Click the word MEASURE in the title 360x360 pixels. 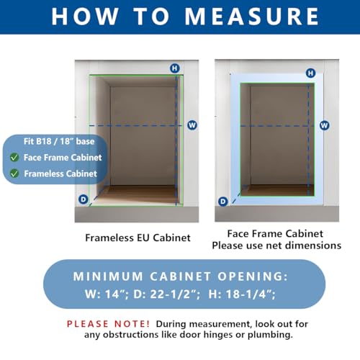pos(251,17)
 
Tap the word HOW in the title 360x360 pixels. pos(85,17)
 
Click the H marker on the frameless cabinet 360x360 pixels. pos(175,68)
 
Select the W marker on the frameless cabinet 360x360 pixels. pos(192,125)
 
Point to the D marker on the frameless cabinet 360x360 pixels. pos(84,199)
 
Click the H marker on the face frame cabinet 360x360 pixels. pos(310,73)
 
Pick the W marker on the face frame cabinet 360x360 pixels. pos(324,125)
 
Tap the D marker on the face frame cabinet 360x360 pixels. pos(222,202)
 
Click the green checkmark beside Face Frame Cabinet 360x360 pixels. pos(14,158)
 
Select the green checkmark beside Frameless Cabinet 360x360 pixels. pos(14,174)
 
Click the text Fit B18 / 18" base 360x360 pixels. pos(59,141)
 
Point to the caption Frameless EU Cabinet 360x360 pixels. pos(138,238)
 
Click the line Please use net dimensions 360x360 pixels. pos(276,246)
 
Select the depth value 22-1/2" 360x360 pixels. pos(174,294)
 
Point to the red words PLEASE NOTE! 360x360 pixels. pos(108,324)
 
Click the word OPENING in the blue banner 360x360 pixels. pos(253,276)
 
